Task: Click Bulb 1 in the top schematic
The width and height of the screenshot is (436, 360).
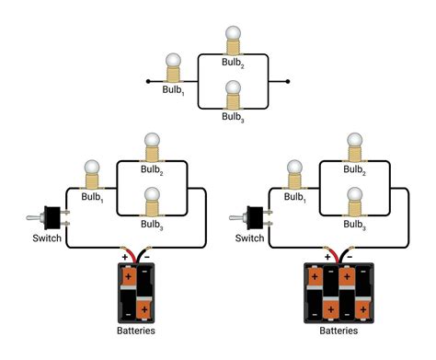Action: (172, 68)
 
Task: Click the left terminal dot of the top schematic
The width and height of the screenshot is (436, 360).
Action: (148, 82)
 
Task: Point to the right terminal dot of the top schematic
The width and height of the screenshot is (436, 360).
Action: (288, 82)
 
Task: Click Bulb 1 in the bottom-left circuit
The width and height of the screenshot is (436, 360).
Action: (91, 172)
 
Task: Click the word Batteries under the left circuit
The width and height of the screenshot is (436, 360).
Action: (135, 331)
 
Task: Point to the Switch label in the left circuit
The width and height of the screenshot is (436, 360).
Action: (45, 238)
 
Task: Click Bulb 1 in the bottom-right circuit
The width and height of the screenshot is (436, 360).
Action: (294, 172)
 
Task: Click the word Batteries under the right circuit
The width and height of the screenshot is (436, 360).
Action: (338, 331)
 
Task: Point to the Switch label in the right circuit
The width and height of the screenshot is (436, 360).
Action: (248, 238)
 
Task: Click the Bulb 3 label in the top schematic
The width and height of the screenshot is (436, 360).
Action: (234, 117)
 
